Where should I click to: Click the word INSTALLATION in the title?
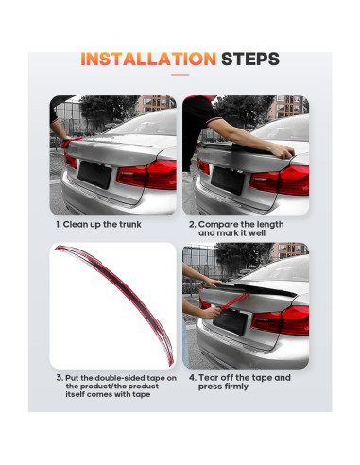[148, 59]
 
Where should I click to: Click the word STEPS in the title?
[250, 59]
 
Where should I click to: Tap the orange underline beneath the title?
[180, 75]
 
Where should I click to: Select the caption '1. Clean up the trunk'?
[98, 224]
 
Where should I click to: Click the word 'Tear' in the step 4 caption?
[209, 377]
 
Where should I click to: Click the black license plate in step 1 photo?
[94, 175]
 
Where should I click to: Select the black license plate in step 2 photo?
[228, 181]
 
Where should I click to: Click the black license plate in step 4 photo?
[231, 320]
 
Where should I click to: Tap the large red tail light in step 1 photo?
[147, 174]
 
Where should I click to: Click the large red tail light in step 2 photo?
[280, 180]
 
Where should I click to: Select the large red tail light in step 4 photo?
[281, 320]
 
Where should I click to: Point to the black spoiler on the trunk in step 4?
[254, 289]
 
